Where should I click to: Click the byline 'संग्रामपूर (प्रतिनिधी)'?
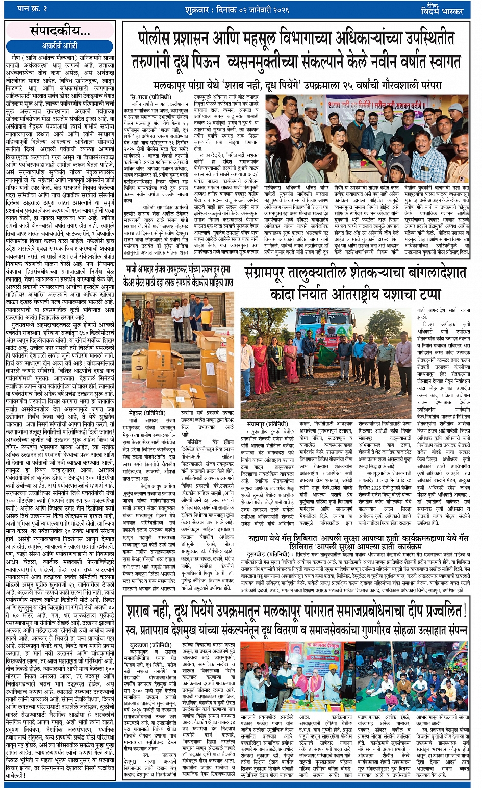(x=267, y=424)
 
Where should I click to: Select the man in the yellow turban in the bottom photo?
(x=334, y=667)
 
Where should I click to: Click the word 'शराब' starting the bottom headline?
(x=148, y=610)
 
